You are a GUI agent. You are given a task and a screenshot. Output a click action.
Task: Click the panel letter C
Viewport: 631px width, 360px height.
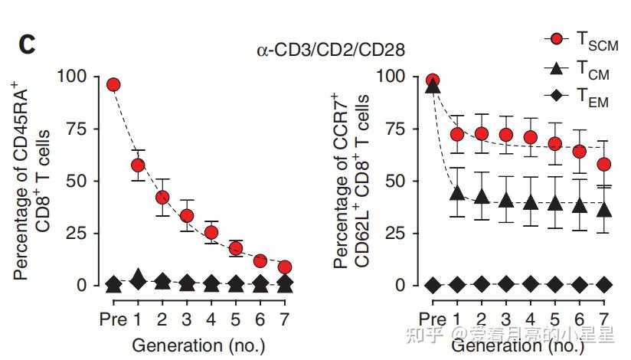[x=27, y=44]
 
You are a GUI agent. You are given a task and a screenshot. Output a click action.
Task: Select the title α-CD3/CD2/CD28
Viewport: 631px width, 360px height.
[x=330, y=51]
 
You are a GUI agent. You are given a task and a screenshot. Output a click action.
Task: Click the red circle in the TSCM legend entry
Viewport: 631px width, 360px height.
[x=557, y=39]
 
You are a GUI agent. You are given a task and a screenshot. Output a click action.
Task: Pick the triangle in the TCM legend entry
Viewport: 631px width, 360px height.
[x=557, y=68]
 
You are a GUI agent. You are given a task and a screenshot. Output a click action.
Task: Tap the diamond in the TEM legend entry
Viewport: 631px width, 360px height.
[x=557, y=97]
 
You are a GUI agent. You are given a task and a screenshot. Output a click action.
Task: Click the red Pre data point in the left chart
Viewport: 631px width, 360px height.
[x=113, y=84]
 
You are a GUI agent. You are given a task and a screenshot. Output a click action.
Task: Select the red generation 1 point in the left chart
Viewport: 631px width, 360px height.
[x=138, y=165]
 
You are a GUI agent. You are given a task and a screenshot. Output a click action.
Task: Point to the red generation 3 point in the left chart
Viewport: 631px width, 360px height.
[x=187, y=216]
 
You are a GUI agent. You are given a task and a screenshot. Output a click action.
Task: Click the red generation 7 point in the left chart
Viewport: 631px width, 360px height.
[x=285, y=267]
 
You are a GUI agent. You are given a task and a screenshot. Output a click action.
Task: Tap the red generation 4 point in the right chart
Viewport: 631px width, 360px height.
[x=530, y=138]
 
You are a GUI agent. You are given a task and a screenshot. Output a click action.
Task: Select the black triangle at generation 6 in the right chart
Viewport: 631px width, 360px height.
[x=580, y=205]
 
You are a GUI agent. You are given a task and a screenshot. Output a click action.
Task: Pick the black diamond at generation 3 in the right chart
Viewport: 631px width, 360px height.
[x=505, y=284]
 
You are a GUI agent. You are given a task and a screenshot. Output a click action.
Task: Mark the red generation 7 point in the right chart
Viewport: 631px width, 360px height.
[x=604, y=165]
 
